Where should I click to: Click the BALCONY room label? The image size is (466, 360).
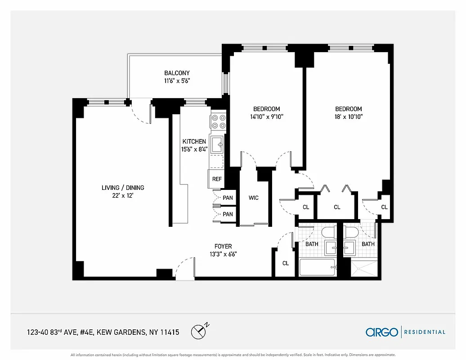point(177,73)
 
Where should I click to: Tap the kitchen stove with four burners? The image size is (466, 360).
point(218,122)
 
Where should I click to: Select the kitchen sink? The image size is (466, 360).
point(218,144)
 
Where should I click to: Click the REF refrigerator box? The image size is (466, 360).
point(217,179)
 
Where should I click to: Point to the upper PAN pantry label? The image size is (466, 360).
point(228,198)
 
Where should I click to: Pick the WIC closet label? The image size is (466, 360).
point(254,198)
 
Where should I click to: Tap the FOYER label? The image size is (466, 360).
point(223,246)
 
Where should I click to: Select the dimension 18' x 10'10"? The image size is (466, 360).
point(348,117)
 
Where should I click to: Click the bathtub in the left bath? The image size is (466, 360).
point(317,268)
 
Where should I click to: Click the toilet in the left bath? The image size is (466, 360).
point(328,233)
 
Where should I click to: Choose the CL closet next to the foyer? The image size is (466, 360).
point(285,263)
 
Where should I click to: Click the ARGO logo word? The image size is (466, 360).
point(382,332)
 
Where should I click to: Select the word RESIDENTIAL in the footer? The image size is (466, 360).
point(425,332)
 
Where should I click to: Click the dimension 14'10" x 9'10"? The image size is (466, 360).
point(267,117)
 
